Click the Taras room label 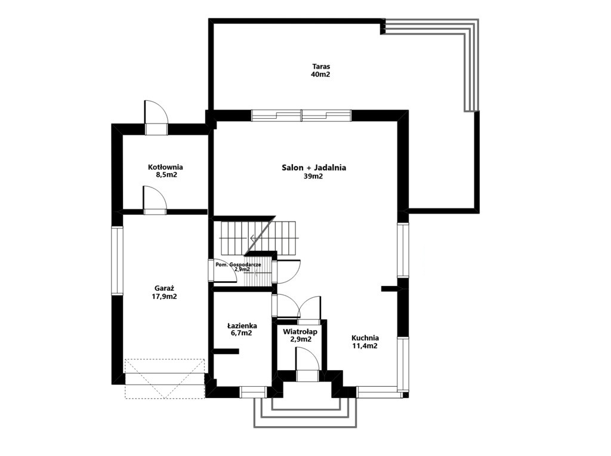tap(320, 66)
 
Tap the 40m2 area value tap(320, 75)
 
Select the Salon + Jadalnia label tap(314, 168)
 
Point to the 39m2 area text tap(313, 176)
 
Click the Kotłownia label tap(165, 167)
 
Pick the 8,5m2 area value tap(166, 175)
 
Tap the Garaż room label tap(164, 288)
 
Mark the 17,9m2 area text tap(164, 297)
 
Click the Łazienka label tap(242, 325)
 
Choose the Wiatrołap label tap(300, 332)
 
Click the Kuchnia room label tap(365, 338)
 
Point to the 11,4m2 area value tap(365, 346)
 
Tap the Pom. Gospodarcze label tap(238, 264)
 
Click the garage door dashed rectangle tap(165, 379)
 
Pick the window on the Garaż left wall tap(118, 260)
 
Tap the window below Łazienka tap(252, 392)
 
